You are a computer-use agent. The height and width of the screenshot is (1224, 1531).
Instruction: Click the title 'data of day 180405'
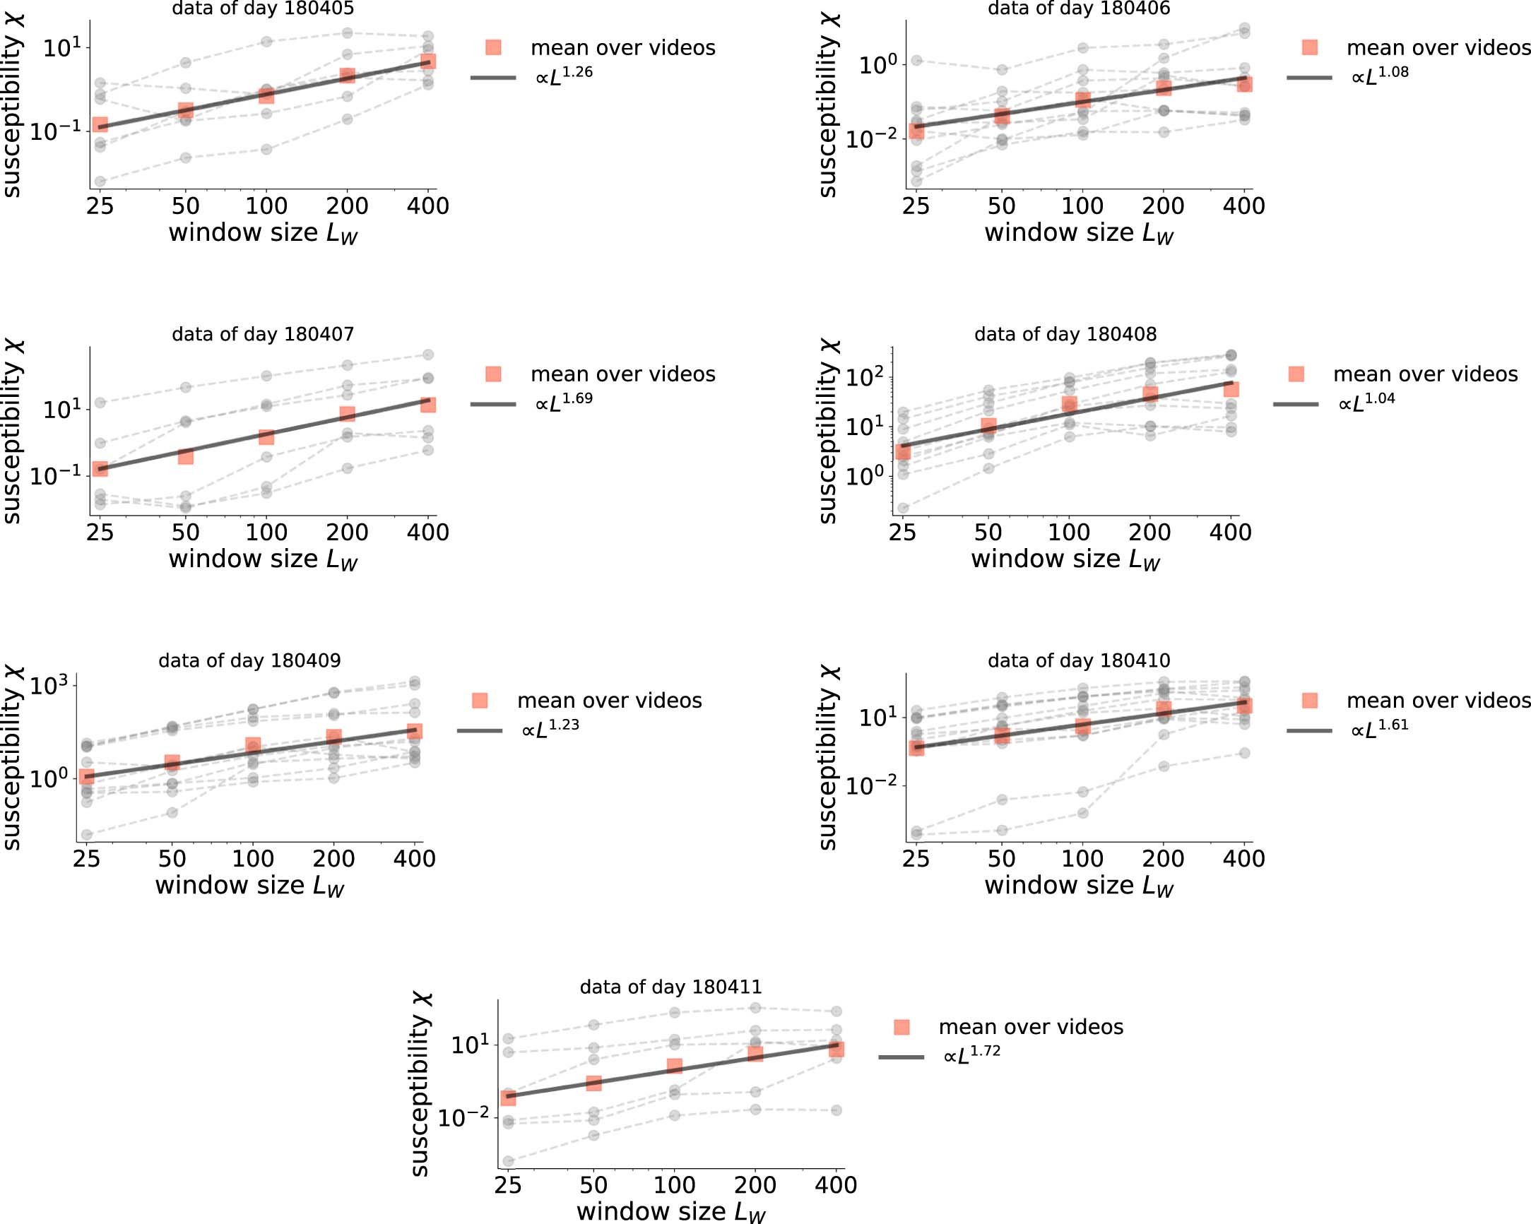point(263,8)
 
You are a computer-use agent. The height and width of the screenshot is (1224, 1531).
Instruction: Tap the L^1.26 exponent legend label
point(564,76)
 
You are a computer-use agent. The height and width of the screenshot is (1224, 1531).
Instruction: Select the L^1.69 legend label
point(564,402)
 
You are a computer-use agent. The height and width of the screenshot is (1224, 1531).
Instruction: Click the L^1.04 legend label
point(1366,402)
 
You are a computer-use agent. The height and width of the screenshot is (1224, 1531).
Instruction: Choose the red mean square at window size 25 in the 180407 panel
point(100,469)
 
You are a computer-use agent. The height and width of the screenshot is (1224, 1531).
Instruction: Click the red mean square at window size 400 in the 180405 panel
point(427,61)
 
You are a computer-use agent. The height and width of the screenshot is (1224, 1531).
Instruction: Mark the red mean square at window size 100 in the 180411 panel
point(675,1066)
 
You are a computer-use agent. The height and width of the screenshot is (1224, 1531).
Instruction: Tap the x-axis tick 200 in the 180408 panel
point(1149,533)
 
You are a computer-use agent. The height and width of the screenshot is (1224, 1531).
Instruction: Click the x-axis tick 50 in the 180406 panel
point(1001,206)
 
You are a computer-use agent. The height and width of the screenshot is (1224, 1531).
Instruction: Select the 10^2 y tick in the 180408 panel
point(865,376)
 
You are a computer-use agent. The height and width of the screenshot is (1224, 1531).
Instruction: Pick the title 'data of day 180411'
point(671,987)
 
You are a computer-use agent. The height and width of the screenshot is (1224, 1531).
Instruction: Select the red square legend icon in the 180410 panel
point(1309,701)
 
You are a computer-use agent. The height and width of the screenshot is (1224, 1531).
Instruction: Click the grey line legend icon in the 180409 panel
point(479,730)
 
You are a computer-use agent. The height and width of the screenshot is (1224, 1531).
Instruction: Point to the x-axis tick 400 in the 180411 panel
point(836,1185)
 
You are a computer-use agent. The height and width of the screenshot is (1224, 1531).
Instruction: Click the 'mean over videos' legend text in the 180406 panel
point(1438,47)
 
